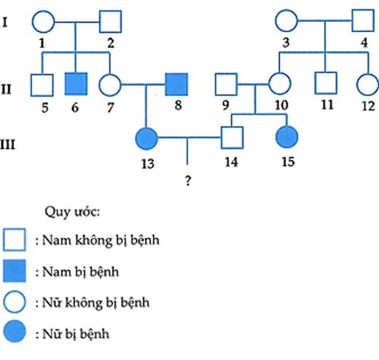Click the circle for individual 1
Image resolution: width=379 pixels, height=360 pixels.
click(43, 23)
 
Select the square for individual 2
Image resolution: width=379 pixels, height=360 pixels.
click(110, 23)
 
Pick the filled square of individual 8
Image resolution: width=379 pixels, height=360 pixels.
click(176, 86)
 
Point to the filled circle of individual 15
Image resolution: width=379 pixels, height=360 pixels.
click(287, 136)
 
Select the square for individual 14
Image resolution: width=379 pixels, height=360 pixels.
click(232, 136)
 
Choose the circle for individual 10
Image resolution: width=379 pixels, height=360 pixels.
click(278, 86)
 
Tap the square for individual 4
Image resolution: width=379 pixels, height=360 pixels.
click(363, 23)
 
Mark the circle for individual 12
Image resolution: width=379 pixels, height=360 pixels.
click(367, 86)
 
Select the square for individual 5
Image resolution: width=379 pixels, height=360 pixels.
click(42, 86)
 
